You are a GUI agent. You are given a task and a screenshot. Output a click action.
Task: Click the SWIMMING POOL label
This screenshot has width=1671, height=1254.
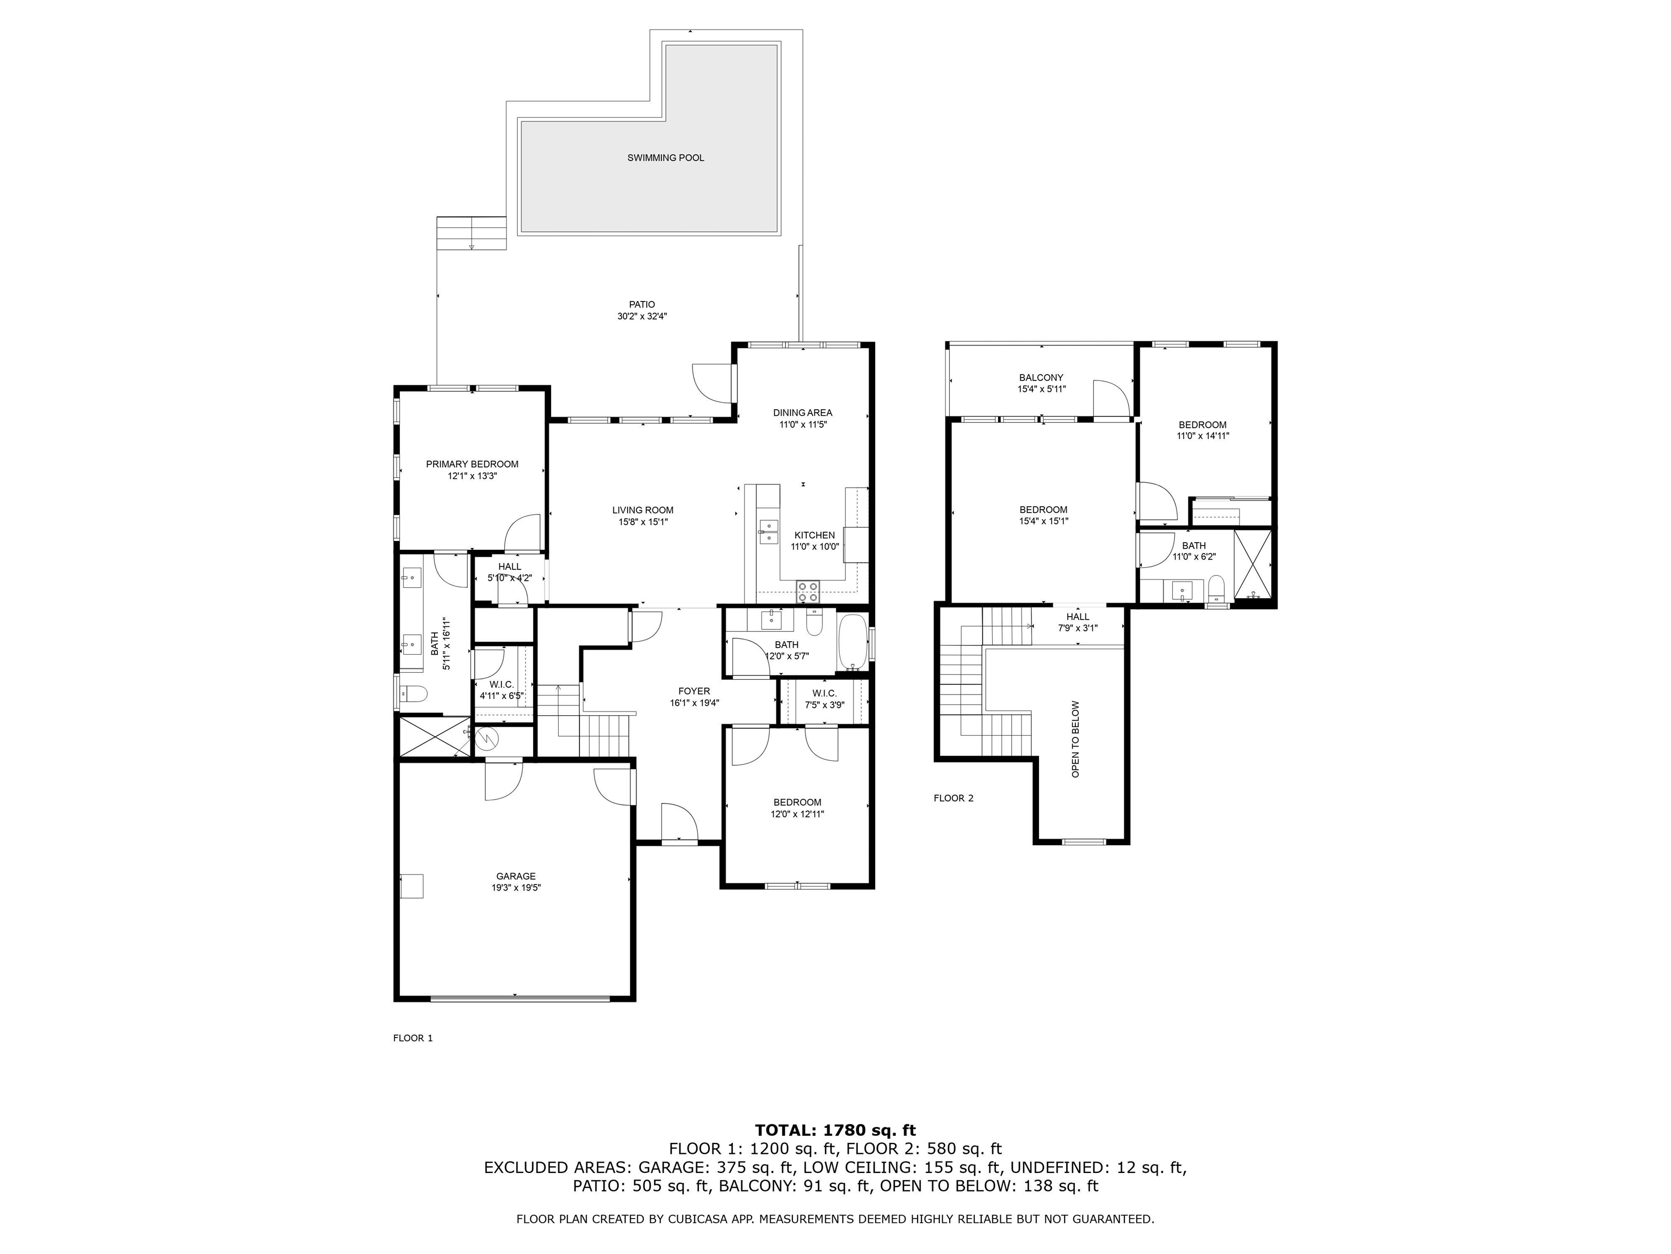(x=666, y=158)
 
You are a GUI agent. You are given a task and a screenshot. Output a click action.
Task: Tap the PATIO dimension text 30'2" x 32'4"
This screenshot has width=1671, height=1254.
(x=642, y=317)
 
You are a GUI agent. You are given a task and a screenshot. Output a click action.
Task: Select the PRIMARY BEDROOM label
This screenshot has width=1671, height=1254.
(x=472, y=464)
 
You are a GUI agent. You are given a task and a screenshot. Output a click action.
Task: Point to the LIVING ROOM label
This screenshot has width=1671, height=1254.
(x=643, y=510)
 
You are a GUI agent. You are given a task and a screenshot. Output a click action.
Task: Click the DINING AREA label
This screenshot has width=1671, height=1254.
(x=802, y=413)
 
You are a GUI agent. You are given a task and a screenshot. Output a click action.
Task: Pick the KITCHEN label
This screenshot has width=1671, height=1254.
(x=814, y=535)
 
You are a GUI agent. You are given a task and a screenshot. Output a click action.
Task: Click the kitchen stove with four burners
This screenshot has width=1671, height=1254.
(x=808, y=591)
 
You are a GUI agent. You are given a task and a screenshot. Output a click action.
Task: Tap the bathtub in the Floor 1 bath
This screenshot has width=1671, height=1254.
(x=853, y=642)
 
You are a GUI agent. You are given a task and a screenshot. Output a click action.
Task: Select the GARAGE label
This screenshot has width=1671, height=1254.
(x=516, y=876)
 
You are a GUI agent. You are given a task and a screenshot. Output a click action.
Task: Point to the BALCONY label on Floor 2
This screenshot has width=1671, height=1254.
(x=1041, y=378)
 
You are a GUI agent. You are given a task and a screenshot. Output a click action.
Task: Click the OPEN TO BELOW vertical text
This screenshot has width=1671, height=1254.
(x=1076, y=739)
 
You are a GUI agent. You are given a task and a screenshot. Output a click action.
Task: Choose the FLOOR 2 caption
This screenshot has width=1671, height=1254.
(x=954, y=798)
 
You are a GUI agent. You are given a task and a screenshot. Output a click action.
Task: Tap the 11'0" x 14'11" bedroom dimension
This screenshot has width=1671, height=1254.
(x=1203, y=435)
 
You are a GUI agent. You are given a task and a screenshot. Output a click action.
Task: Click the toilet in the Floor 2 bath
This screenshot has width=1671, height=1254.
(x=1216, y=589)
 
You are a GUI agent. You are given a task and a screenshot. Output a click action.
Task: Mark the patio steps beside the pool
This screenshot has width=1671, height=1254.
(x=472, y=233)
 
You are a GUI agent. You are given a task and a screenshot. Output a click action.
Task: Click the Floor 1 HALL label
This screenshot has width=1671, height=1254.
(x=510, y=567)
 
